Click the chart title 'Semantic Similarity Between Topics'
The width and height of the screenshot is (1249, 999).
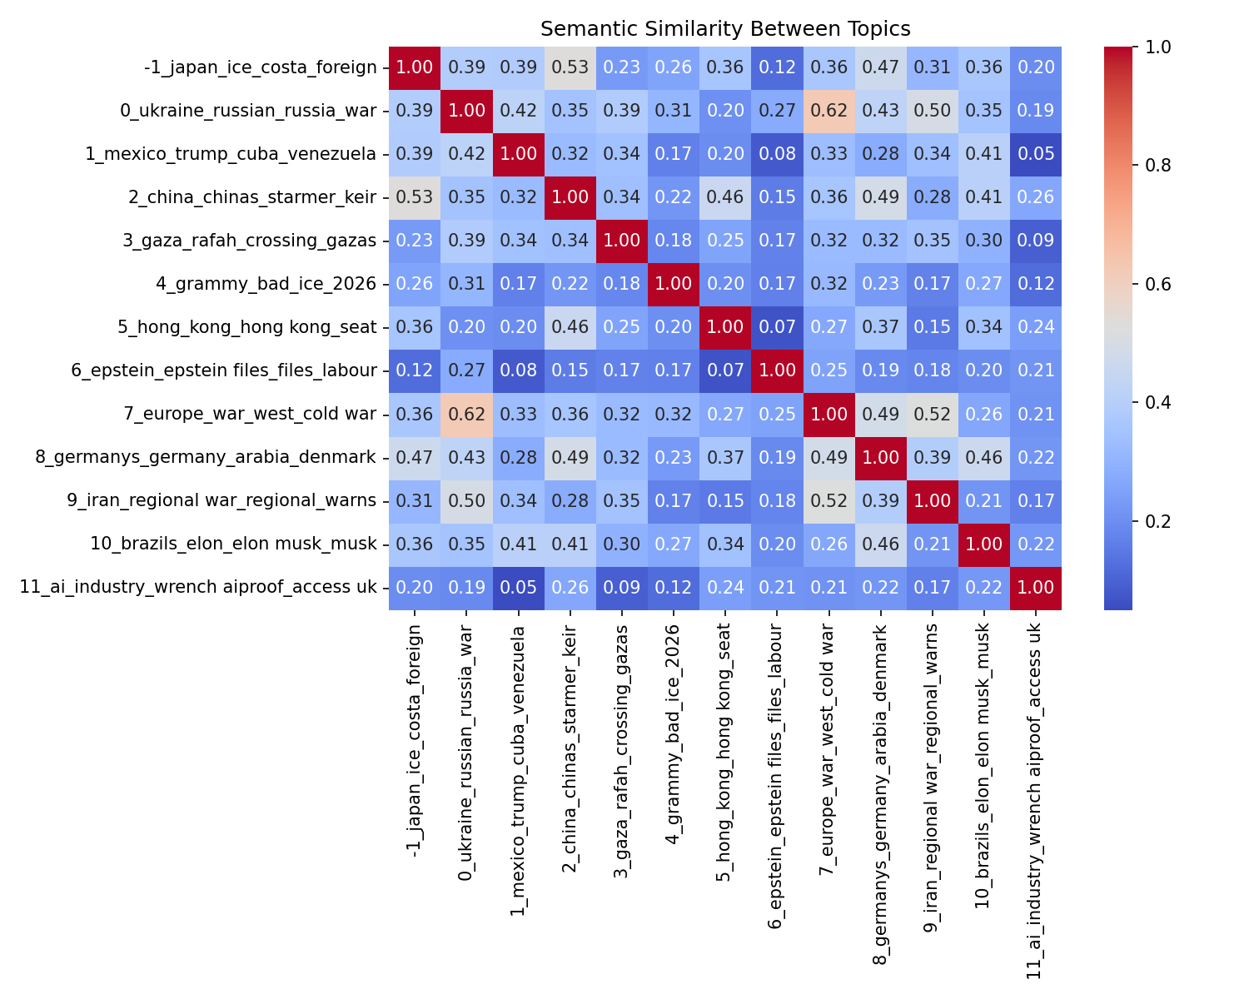tap(725, 29)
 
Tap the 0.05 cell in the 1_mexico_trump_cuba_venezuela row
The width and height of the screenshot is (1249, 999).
tap(1035, 154)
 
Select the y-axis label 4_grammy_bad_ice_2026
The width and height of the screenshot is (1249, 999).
tap(266, 284)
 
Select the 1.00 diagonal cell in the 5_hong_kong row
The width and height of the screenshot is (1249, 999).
tap(724, 327)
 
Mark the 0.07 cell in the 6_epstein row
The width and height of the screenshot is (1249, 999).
tap(724, 370)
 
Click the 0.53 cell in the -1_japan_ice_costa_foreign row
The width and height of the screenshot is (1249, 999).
tap(570, 67)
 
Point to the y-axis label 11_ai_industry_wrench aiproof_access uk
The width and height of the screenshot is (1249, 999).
tap(198, 587)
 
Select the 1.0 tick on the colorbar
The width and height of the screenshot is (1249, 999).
tap(1157, 47)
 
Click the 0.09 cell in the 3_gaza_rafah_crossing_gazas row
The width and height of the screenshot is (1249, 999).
tap(1035, 241)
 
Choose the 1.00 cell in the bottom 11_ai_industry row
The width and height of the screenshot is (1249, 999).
tap(1035, 587)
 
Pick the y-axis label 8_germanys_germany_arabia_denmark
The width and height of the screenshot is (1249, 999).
tap(207, 457)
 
